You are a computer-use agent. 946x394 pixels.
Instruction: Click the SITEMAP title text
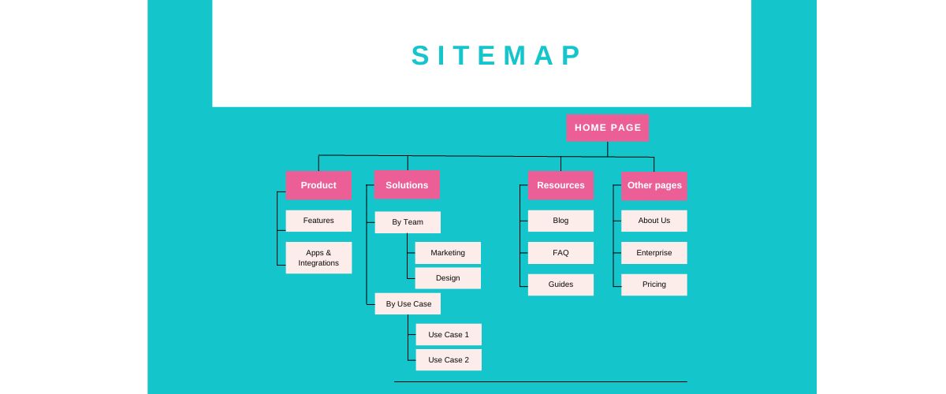coord(497,56)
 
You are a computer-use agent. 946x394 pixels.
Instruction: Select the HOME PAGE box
coord(607,128)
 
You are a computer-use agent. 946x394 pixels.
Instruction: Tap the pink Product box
coord(318,185)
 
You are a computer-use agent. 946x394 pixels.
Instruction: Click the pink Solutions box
coord(407,185)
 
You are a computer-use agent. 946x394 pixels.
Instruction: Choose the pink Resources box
coord(561,185)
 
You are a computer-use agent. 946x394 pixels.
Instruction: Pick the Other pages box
coord(654,185)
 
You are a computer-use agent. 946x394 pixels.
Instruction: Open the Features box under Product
coord(318,221)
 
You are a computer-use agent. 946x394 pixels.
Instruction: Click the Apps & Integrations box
coord(318,258)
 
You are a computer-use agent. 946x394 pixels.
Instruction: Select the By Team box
coord(408,222)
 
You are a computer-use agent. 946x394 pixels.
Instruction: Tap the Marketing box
coord(448,253)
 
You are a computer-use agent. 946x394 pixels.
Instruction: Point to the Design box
coord(448,278)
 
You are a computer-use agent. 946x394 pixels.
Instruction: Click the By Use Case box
coord(408,303)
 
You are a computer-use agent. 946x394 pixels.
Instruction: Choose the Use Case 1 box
coord(448,335)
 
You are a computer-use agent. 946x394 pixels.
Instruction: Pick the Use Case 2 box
coord(448,360)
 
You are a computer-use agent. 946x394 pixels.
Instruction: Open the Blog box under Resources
coord(561,221)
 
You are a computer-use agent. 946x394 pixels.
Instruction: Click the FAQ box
coord(561,253)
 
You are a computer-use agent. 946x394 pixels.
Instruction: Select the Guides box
coord(561,284)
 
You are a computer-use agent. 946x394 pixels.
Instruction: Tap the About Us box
coord(654,221)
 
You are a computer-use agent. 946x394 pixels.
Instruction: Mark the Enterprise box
coord(654,253)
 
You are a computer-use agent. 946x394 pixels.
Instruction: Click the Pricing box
coord(654,284)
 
